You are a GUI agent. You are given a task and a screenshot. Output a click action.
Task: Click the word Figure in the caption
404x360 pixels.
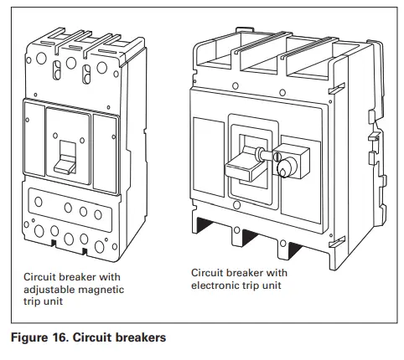28,340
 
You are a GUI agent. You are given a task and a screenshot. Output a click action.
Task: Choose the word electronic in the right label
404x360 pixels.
217,285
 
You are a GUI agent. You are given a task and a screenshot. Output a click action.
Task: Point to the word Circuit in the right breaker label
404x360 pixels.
208,273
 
